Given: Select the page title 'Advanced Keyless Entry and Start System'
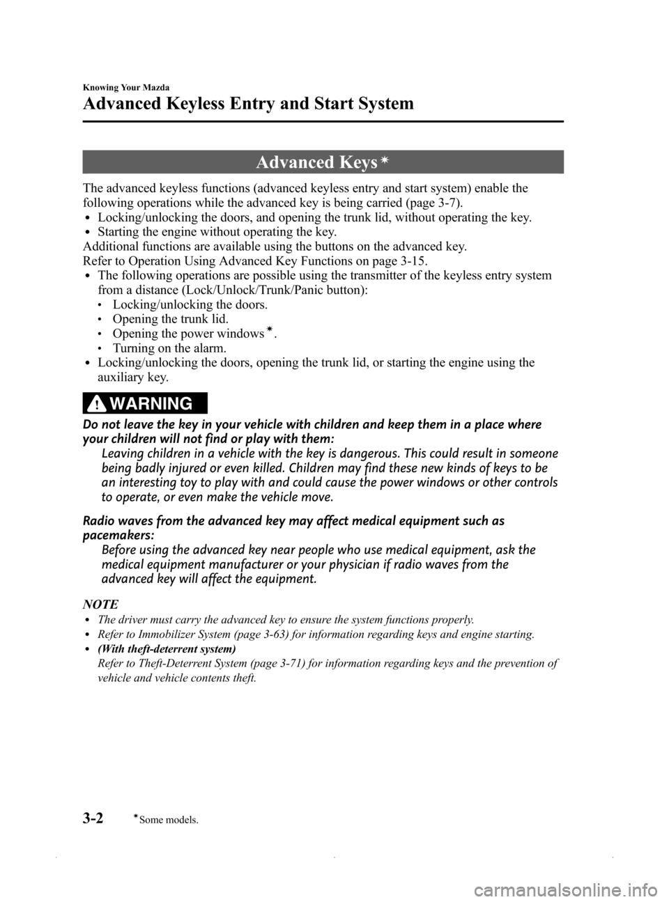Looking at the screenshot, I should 248,104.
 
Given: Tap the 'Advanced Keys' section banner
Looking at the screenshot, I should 323,162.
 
